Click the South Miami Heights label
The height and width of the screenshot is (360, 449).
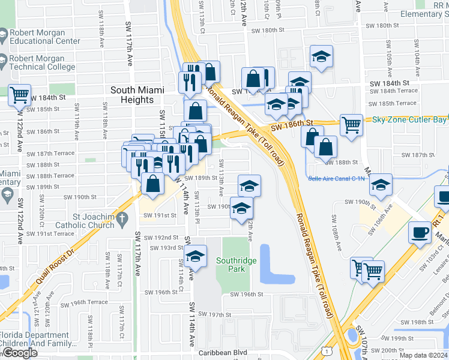(x=137, y=95)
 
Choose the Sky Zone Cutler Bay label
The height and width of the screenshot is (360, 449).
(x=410, y=119)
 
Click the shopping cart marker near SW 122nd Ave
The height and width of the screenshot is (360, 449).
(x=20, y=94)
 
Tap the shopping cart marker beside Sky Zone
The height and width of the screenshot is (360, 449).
(x=351, y=125)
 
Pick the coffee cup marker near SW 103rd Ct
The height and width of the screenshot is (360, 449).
(x=420, y=232)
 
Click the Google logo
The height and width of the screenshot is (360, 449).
(x=19, y=353)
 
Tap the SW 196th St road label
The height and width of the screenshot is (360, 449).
(x=247, y=294)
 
